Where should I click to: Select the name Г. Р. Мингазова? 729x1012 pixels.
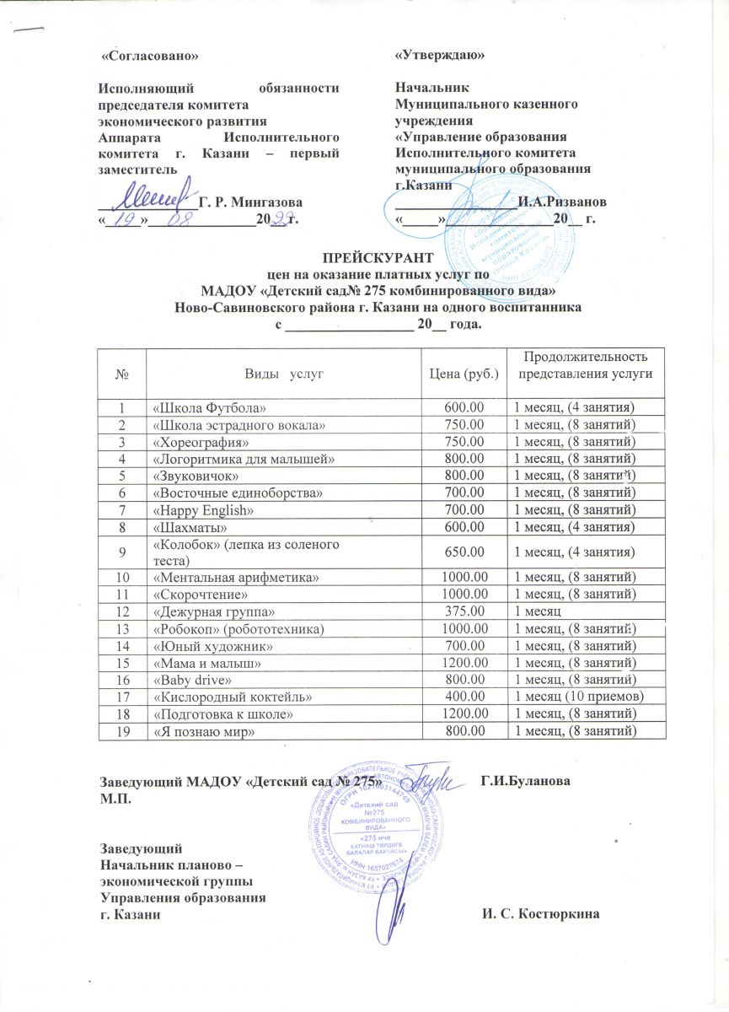coord(249,202)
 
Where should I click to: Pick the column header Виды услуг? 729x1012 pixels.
coord(284,372)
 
